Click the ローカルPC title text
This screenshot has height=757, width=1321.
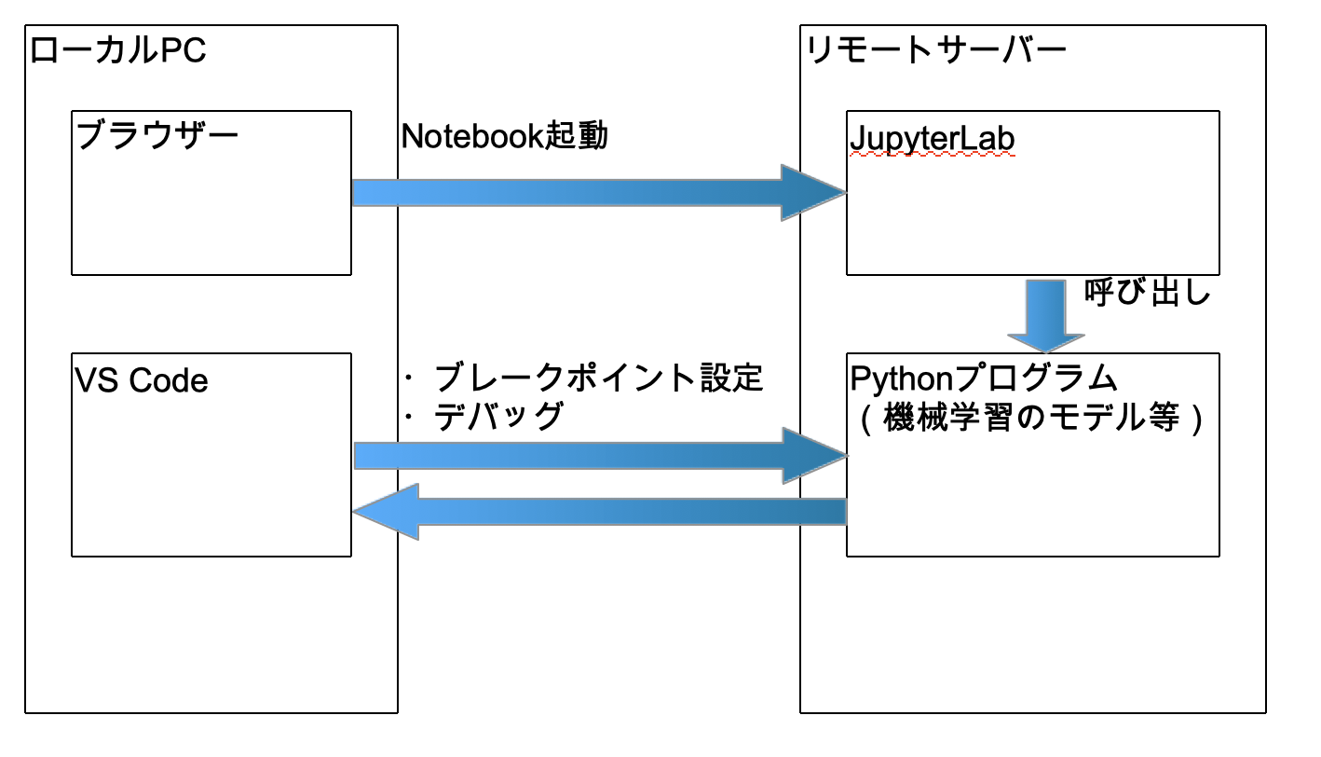tap(117, 50)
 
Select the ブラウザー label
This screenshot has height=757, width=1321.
tap(157, 136)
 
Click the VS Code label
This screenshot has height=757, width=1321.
tap(141, 380)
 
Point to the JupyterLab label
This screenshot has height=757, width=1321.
tap(932, 138)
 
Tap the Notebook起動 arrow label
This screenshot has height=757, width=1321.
tap(504, 136)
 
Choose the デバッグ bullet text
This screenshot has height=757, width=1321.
tap(499, 416)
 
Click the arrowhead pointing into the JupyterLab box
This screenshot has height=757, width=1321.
tap(812, 193)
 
